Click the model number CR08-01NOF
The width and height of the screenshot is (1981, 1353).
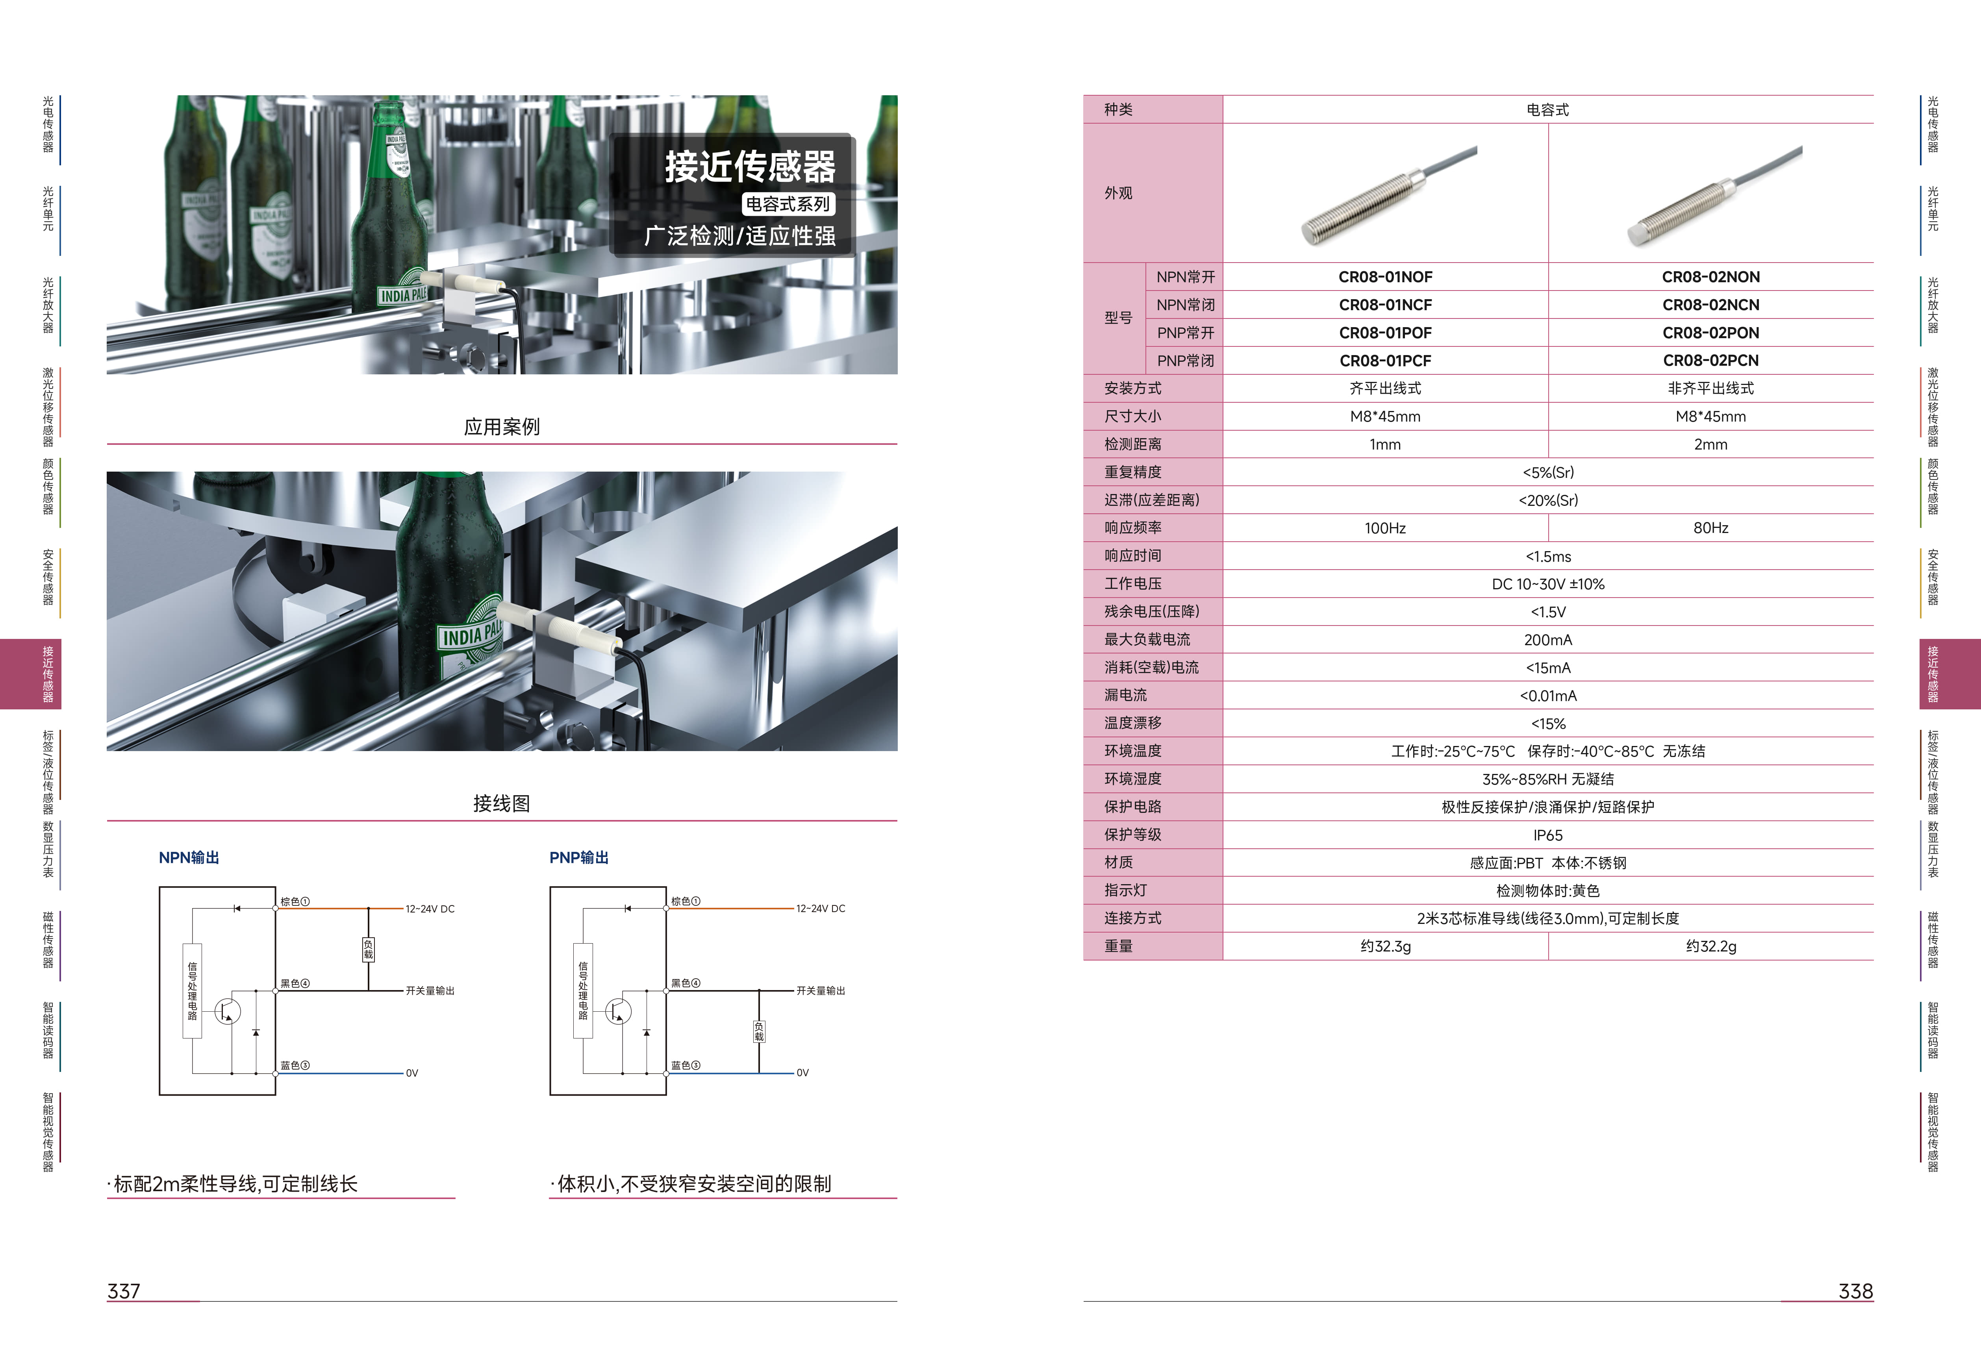(x=1385, y=277)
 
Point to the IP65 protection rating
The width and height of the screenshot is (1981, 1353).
(x=1548, y=835)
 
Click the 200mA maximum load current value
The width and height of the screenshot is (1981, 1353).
(x=1548, y=640)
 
